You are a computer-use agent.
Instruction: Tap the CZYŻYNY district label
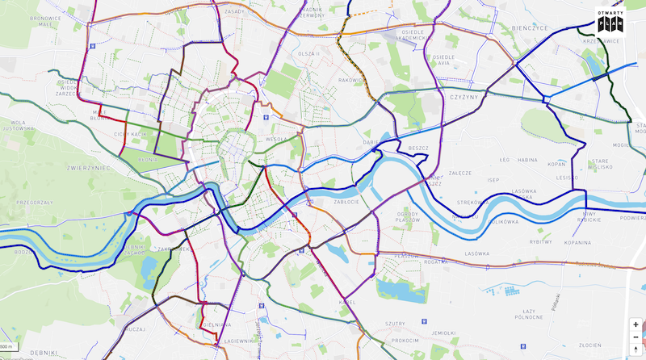[460, 96]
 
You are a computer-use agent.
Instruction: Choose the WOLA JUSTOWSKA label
[17, 124]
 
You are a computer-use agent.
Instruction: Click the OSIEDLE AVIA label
[441, 61]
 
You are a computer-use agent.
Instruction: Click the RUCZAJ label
[135, 328]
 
